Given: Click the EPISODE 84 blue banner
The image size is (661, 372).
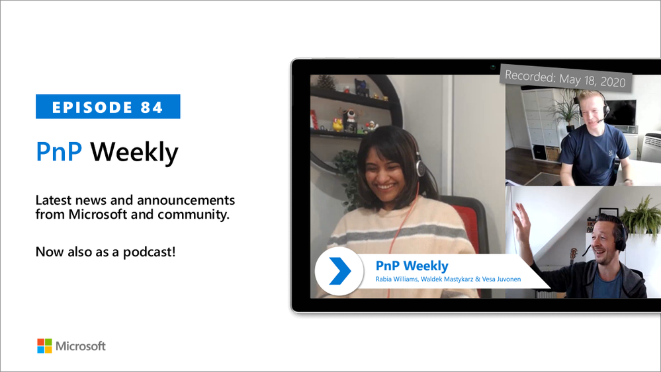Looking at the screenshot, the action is pos(108,106).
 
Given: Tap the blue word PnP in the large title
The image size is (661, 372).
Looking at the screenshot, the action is pos(59,151).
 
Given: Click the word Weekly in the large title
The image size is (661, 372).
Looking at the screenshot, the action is pos(134,153).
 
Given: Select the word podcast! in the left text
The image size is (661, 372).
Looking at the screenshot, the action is pos(150,252).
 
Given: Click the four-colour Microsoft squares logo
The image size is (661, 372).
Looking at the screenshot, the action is pos(45,346).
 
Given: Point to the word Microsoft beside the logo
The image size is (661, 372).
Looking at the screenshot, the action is pos(81,346).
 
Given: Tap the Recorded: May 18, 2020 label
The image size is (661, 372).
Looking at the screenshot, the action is pos(566,78).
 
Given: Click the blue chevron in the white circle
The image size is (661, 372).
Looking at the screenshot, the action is pos(340,271).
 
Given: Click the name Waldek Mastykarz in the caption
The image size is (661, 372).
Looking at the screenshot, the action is pos(447,279).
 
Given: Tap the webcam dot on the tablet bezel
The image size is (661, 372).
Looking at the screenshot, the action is pos(492,67).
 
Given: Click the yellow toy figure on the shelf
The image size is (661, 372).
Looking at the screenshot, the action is pos(337,124).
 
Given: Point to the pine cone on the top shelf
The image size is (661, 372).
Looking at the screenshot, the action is pos(326,82).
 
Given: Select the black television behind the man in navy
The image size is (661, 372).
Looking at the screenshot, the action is pos(620,113).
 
